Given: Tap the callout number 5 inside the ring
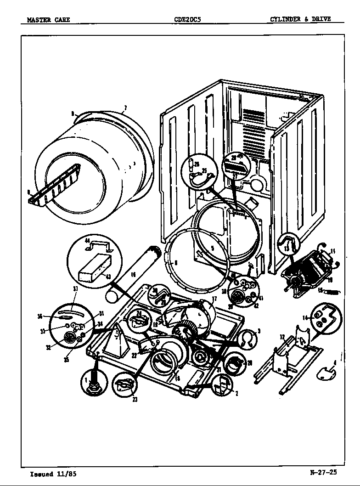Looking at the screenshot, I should pos(212,249).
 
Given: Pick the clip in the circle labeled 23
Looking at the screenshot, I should pos(124,384).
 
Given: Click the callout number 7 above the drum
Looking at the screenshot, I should pos(124,108).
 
